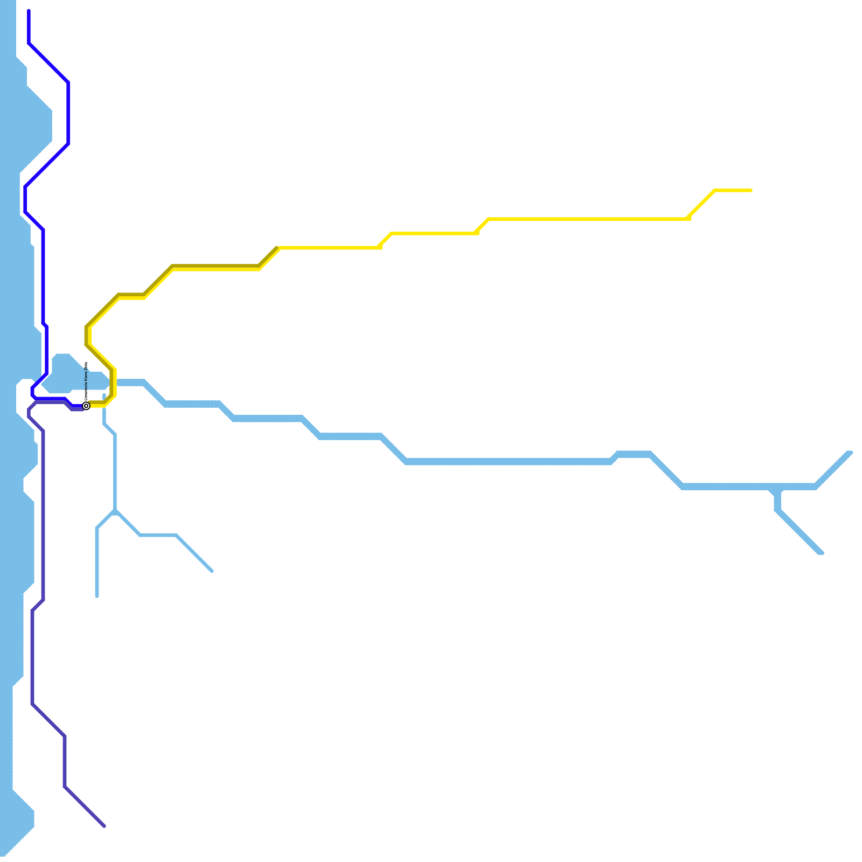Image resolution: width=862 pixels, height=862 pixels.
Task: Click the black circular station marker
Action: (x=86, y=406)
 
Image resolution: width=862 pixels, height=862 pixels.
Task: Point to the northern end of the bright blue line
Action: (x=29, y=11)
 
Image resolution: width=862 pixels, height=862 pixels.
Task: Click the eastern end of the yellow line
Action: (x=750, y=190)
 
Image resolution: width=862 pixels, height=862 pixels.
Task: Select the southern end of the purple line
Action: (x=105, y=826)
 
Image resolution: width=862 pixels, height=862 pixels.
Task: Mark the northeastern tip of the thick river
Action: (x=850, y=453)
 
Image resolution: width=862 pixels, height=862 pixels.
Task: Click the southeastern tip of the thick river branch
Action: (x=821, y=552)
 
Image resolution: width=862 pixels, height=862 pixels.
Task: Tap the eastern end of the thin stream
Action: (x=212, y=571)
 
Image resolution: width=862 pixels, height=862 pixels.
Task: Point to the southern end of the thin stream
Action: (x=97, y=596)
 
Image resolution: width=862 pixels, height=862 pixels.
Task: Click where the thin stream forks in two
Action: (x=115, y=511)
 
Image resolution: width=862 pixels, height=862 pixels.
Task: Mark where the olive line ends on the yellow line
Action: (x=277, y=248)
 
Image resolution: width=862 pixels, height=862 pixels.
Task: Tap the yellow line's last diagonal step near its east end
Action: (x=701, y=204)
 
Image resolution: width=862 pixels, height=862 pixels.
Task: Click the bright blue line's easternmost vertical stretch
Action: (x=68, y=113)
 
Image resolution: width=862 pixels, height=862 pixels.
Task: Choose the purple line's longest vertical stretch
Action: (x=43, y=515)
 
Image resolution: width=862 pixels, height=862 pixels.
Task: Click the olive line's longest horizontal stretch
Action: (x=215, y=266)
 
